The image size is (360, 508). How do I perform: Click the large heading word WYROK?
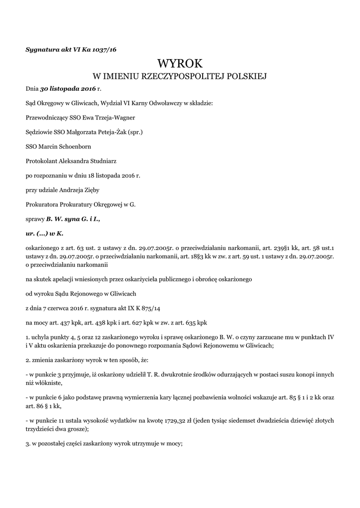(180, 63)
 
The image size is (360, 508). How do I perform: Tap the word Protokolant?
(42, 161)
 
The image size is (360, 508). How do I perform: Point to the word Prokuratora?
(43, 204)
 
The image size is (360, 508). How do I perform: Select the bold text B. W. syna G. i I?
(73, 219)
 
